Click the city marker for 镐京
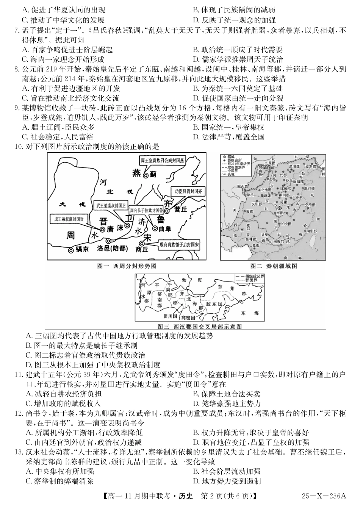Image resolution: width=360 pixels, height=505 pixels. (71, 250)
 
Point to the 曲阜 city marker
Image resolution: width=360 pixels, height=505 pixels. (155, 228)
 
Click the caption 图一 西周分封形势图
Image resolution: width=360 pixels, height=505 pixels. (127, 266)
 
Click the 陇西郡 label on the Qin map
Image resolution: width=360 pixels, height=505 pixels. (243, 187)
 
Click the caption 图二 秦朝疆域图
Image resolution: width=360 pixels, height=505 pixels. (273, 266)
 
